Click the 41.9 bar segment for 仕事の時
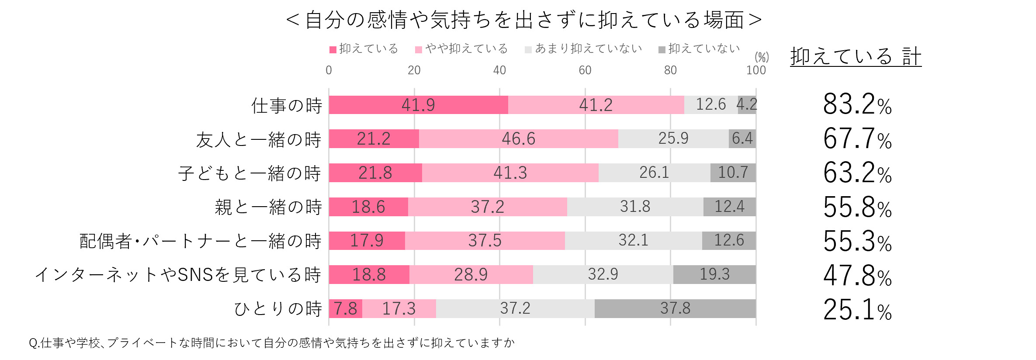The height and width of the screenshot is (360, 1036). coord(418,105)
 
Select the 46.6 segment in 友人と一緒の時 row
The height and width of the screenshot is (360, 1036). coord(518,138)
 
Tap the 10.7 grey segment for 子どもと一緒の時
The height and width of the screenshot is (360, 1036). coord(733,173)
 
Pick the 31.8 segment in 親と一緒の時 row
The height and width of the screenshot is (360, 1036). coord(635,207)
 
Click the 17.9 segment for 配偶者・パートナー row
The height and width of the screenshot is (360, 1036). coord(367,241)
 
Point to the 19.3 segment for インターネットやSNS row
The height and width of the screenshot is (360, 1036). coord(714,274)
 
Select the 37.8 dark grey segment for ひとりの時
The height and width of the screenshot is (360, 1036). coord(675,308)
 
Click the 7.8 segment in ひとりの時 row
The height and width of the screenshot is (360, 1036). coord(345,308)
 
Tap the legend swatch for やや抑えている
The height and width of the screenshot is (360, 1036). coord(419,50)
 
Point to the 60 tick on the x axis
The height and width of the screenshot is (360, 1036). coord(585,70)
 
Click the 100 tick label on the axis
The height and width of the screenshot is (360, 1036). coord(755,70)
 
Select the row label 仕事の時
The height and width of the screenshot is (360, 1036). coord(286,106)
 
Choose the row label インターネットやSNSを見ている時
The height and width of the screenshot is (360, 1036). coord(178,275)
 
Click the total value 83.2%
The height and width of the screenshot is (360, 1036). coord(857,105)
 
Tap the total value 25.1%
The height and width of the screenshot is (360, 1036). coord(857,310)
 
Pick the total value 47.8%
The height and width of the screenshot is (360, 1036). coord(857,276)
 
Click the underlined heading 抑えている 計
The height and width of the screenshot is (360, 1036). coord(856,57)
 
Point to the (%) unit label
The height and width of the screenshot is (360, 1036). coord(762,57)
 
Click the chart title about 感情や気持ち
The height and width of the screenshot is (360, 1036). coord(523,20)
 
